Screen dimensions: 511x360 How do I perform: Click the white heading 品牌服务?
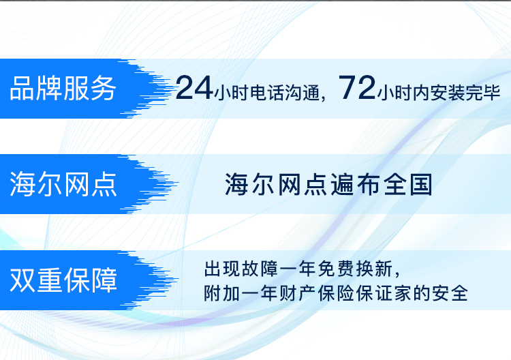click(63, 89)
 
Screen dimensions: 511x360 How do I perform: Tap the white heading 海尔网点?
click(63, 184)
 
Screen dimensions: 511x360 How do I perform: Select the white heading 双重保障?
click(63, 280)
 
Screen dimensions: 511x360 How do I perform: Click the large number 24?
click(194, 88)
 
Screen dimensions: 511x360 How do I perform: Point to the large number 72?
click(357, 87)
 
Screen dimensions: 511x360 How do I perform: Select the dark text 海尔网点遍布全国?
click(328, 185)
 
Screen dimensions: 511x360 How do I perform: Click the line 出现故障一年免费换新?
click(298, 269)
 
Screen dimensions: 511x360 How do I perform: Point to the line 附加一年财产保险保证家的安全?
click(336, 293)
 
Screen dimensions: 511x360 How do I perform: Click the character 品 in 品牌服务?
click(22, 89)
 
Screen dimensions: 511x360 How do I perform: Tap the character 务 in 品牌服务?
click(104, 89)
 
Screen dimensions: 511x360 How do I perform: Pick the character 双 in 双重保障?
click(22, 280)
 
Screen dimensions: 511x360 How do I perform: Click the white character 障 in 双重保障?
click(104, 280)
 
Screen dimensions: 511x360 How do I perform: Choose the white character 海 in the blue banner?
click(22, 184)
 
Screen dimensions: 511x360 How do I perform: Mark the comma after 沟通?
click(323, 97)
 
